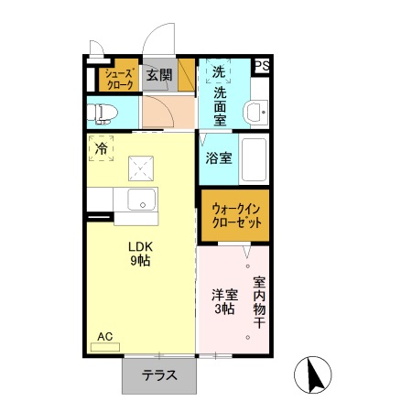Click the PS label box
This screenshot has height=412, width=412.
[x=262, y=66]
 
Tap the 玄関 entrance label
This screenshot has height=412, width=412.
[x=159, y=75]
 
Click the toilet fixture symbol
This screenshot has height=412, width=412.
[x=103, y=114]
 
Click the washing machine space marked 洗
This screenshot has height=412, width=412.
[x=218, y=71]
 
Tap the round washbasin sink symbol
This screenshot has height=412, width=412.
[x=255, y=114]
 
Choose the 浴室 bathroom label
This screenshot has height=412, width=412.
[x=218, y=157]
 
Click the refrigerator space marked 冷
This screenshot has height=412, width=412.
[x=101, y=146]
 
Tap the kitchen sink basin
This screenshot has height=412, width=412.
[x=143, y=201]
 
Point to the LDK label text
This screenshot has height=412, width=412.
[x=139, y=244]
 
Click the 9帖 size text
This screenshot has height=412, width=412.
[x=139, y=261]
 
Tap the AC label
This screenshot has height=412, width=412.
[x=105, y=337]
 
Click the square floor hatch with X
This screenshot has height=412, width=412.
[x=142, y=167]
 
